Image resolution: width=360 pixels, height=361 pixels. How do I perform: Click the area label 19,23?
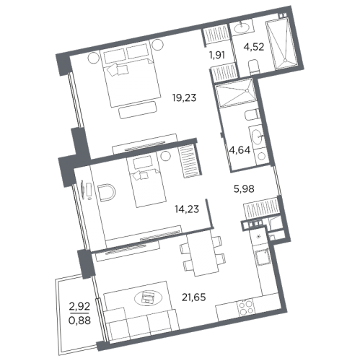tap(185, 98)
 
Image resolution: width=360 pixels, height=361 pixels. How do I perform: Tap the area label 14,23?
tap(187, 209)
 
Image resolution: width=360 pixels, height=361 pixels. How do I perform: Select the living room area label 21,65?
tap(194, 297)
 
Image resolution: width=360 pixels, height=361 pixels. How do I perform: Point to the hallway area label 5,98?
tap(244, 189)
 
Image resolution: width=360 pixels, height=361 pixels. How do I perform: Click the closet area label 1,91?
tap(217, 55)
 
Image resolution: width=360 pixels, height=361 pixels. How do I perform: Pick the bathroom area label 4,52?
tap(254, 47)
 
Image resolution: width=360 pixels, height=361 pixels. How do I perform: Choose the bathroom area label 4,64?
tap(240, 150)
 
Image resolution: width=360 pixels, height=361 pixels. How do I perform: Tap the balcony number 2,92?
tap(79, 306)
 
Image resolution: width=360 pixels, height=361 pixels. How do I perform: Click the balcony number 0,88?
tap(79, 321)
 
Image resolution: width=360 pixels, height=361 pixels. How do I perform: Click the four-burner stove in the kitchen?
tap(246, 308)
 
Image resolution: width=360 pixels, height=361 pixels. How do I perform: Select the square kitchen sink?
tap(263, 257)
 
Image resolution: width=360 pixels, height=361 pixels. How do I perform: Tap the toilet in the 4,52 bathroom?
tap(254, 67)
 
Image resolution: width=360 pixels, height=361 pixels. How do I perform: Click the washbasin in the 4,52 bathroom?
tap(242, 27)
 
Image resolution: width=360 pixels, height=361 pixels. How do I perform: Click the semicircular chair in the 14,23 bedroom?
tap(107, 192)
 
